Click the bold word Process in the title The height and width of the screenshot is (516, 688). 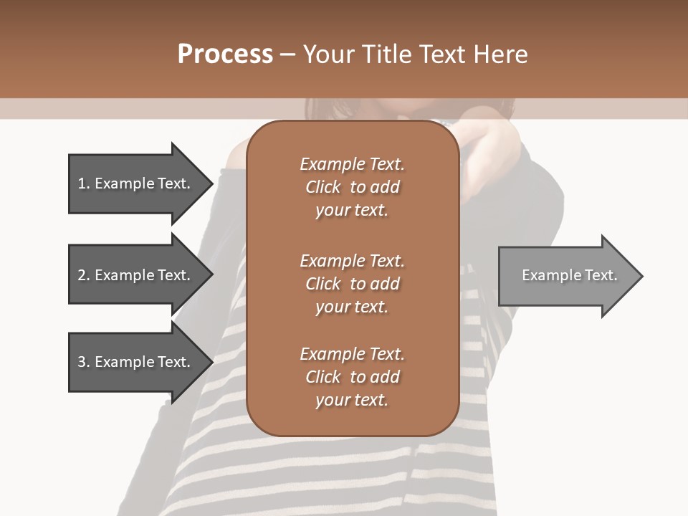(x=225, y=54)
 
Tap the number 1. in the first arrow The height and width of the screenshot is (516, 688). (x=83, y=183)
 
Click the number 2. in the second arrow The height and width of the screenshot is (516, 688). (x=83, y=275)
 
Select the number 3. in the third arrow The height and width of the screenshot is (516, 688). (x=83, y=362)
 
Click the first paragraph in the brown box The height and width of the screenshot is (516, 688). (x=352, y=187)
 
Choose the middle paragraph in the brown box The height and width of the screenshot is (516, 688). (x=352, y=284)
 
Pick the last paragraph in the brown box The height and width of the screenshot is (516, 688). (x=352, y=377)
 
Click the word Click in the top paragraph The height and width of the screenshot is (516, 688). (x=323, y=187)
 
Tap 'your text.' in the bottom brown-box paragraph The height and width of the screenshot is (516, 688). (x=352, y=400)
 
